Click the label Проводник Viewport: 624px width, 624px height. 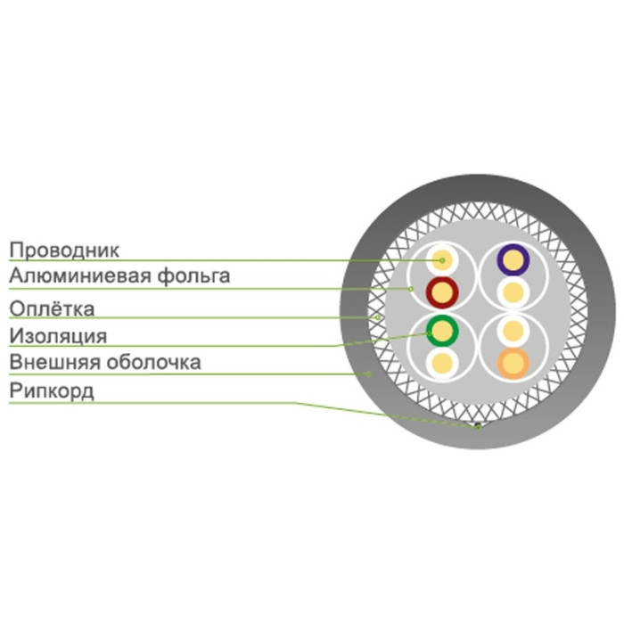(x=63, y=250)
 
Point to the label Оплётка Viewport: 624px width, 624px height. (x=51, y=308)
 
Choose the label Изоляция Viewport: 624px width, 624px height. (x=58, y=336)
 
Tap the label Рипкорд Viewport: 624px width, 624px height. (x=51, y=392)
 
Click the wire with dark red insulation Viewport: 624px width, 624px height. (x=441, y=291)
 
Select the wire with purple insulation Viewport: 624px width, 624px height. (x=513, y=259)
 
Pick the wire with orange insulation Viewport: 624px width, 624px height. (x=513, y=362)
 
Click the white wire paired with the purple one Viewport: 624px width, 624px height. (x=513, y=291)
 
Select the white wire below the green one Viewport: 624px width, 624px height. (x=441, y=362)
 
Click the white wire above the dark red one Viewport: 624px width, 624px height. (x=441, y=259)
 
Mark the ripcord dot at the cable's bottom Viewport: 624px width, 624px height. (x=478, y=426)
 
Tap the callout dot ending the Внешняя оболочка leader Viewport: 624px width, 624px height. (x=367, y=374)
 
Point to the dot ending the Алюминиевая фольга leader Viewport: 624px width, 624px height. (x=410, y=288)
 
